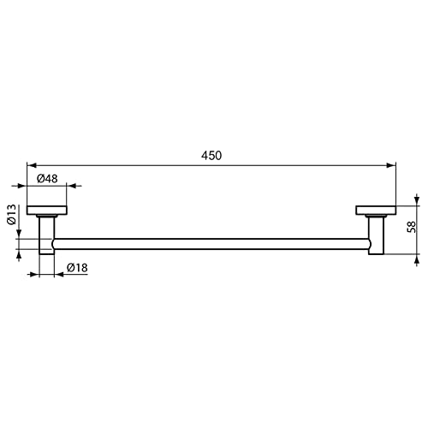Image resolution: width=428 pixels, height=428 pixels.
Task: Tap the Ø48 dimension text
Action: [x=48, y=178]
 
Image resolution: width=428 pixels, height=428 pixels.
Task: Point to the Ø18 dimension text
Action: [x=76, y=268]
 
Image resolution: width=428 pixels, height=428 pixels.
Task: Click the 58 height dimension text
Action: [x=412, y=227]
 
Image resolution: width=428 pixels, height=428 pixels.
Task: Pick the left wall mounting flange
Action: [x=48, y=211]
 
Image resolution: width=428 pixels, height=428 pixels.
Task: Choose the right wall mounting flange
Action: [x=377, y=211]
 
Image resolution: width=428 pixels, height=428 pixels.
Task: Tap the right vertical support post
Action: [x=377, y=233]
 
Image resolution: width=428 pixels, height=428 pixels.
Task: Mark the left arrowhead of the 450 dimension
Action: [x=32, y=164]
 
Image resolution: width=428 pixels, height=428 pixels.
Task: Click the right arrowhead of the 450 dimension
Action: [x=393, y=164]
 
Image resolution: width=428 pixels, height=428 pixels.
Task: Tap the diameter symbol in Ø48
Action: [x=40, y=178]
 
